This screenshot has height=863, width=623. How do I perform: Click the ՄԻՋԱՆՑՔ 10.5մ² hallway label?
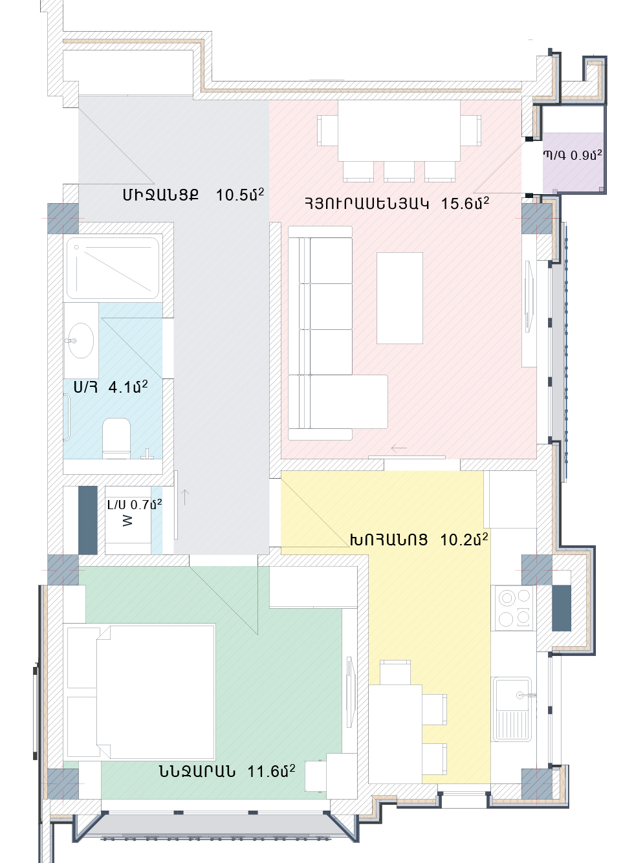(x=193, y=195)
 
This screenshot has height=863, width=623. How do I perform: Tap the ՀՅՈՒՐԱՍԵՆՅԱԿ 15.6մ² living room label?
(x=397, y=203)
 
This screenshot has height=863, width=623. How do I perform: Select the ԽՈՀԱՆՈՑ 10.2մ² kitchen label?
(x=419, y=540)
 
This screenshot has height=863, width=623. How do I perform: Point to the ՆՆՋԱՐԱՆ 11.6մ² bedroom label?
(x=227, y=772)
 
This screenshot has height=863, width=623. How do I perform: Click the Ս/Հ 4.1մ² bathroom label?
(x=111, y=387)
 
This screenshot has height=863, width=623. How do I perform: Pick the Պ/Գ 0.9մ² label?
(x=573, y=155)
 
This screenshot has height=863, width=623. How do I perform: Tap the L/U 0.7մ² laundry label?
(x=135, y=505)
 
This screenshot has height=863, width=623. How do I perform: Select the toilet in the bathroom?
(x=116, y=438)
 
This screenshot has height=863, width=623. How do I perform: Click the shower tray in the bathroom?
(x=113, y=268)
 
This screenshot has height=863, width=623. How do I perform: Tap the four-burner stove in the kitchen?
(x=514, y=608)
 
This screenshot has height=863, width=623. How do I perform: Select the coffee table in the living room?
(x=400, y=298)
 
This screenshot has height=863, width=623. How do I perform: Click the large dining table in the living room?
(x=399, y=131)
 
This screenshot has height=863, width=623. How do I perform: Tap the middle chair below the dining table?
(x=399, y=171)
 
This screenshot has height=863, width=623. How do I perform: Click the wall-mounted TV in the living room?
(x=529, y=296)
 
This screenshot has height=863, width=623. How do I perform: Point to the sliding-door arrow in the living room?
(x=399, y=448)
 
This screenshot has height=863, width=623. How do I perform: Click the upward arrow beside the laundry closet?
(x=185, y=497)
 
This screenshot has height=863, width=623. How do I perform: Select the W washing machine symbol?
(x=127, y=521)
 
